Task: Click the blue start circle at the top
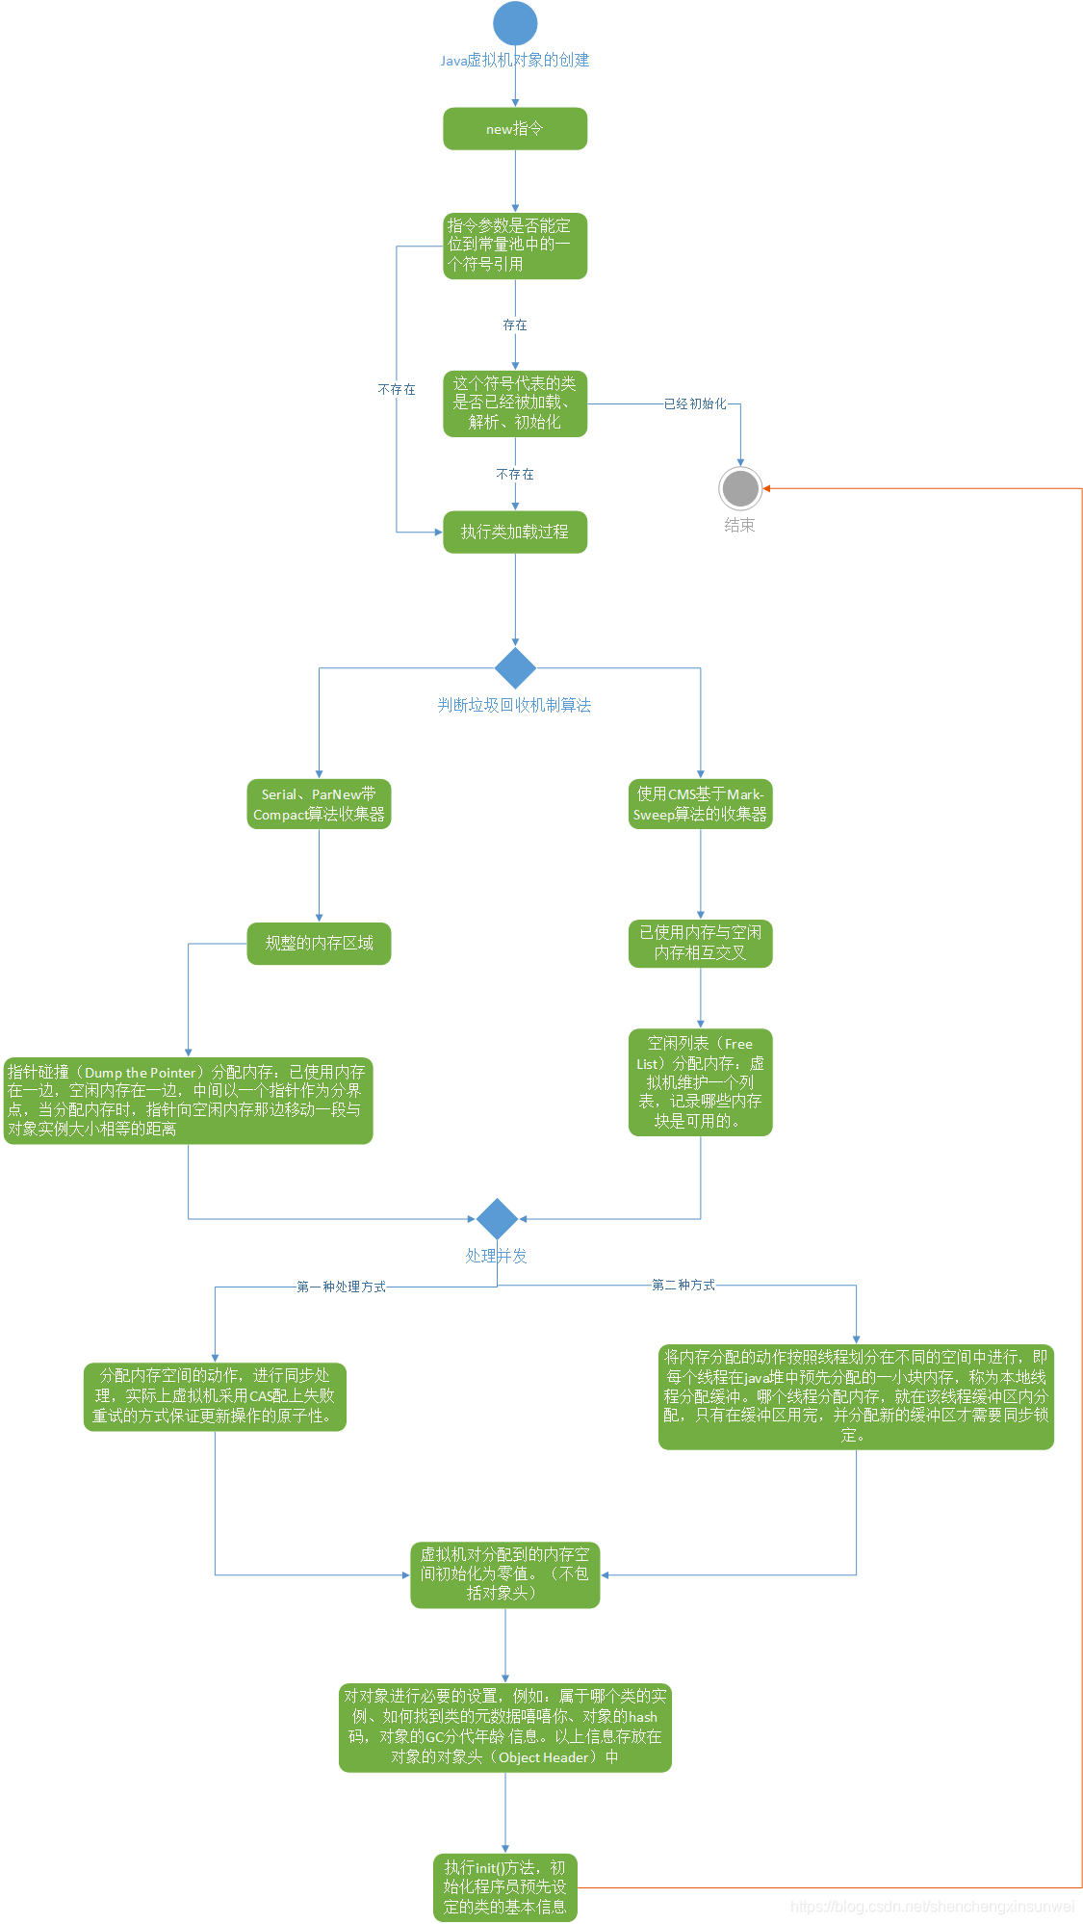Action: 515,23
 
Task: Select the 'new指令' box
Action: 515,129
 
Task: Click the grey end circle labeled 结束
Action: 740,488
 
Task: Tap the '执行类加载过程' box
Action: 515,533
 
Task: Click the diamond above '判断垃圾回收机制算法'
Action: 515,667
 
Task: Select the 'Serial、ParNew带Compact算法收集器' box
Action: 319,804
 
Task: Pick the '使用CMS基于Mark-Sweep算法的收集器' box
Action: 700,804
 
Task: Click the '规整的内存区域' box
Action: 319,944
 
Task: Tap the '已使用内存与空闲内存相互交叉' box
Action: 700,944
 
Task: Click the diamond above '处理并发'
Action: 497,1219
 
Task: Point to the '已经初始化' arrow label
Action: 695,403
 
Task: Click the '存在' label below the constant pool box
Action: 515,325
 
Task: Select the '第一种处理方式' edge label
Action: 341,1287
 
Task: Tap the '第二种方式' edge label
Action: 683,1285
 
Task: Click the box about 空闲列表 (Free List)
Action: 700,1082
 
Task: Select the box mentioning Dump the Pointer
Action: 188,1101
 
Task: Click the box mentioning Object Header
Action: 504,1728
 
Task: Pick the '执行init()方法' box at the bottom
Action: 504,1887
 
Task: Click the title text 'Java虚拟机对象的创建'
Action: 515,60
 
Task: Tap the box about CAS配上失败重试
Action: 215,1396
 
